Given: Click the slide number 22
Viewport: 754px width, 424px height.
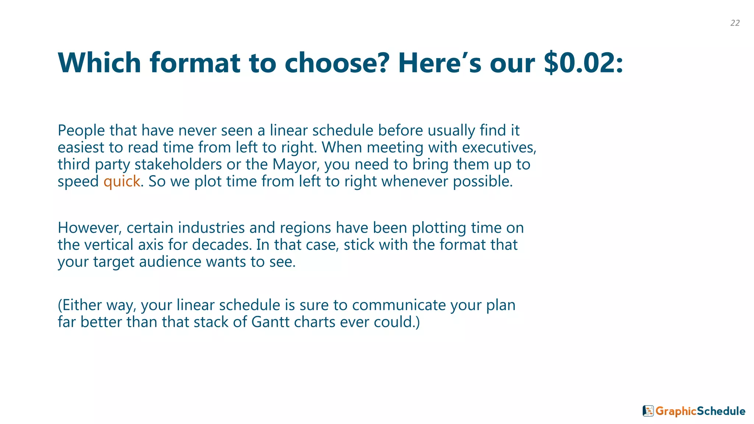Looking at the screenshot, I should [x=735, y=23].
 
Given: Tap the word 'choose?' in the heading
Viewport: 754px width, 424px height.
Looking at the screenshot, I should [x=337, y=63].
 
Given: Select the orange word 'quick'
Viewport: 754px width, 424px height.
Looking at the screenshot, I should [x=121, y=181].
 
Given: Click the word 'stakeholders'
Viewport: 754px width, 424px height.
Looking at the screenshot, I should [x=178, y=165].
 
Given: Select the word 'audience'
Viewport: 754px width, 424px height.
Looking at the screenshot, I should [x=170, y=262].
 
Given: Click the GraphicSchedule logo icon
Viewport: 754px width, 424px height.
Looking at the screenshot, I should [x=648, y=411].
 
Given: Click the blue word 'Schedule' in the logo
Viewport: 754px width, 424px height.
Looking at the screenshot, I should [x=721, y=411].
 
